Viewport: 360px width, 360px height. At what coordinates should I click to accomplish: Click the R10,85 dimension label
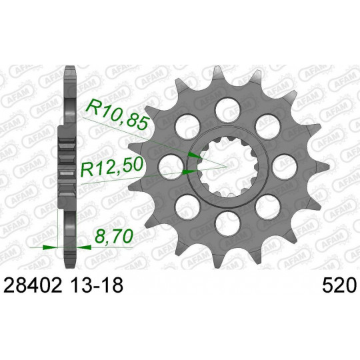[117, 115]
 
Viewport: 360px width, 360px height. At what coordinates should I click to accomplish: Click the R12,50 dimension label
[112, 168]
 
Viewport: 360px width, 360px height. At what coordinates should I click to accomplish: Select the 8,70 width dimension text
[114, 236]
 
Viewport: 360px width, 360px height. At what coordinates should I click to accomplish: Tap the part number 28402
[33, 285]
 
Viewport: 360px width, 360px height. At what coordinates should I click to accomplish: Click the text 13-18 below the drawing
[97, 285]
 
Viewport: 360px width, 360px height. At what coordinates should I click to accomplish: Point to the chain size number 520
[339, 285]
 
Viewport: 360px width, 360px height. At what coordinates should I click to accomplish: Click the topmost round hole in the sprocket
[228, 109]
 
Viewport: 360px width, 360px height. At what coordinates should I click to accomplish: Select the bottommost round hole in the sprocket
[228, 223]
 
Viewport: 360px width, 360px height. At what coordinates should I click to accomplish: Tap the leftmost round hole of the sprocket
[171, 167]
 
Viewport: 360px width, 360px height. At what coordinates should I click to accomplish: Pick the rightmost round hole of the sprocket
[285, 167]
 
